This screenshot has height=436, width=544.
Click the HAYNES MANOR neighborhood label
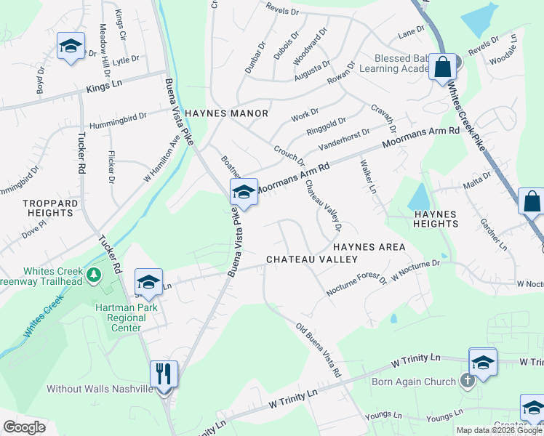coord(226,114)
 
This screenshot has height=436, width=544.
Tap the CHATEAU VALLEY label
coord(311,259)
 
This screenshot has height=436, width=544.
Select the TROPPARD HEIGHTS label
coord(49,208)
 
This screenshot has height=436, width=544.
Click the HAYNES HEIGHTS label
coord(435,220)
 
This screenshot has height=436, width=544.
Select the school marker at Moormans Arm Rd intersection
coord(243,193)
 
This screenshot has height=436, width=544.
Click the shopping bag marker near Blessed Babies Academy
coord(441,68)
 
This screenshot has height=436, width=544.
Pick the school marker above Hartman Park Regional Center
coord(148,282)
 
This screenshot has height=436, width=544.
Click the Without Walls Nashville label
coord(100,389)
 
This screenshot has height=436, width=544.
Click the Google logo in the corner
coord(24,427)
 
